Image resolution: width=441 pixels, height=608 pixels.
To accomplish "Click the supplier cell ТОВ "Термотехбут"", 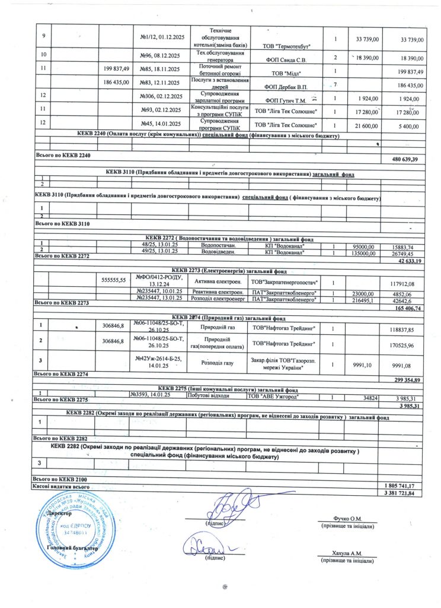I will pyautogui.click(x=286, y=46).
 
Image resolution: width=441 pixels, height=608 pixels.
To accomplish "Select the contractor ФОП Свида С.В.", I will pyautogui.click(x=285, y=59).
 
